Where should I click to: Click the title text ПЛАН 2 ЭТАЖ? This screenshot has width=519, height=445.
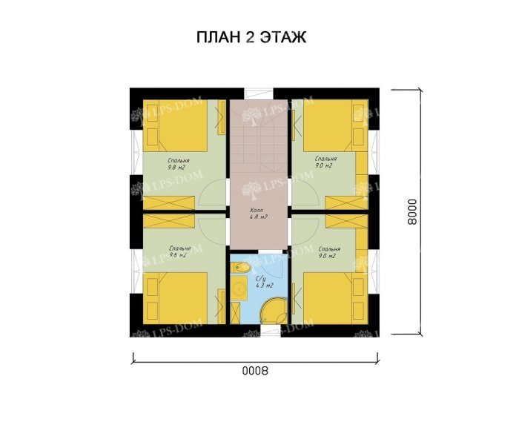pos(251,39)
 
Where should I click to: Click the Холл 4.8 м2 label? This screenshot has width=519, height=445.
pos(258,214)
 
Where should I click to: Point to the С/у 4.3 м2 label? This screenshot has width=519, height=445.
pos(265,281)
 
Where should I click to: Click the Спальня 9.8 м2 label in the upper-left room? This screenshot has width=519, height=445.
pos(178,163)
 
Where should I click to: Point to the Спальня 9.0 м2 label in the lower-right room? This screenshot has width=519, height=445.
pos(328,252)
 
